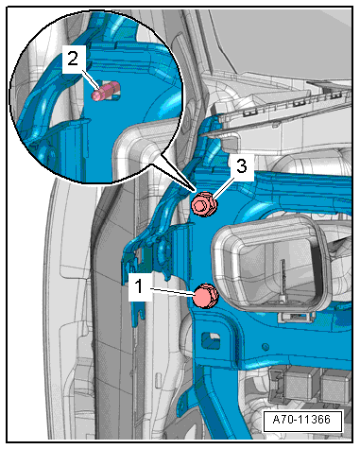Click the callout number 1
pyautogui.click(x=139, y=287)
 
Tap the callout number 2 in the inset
pyautogui.click(x=73, y=59)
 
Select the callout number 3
pyautogui.click(x=242, y=166)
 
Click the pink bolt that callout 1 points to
pyautogui.click(x=205, y=296)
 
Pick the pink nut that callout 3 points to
pyautogui.click(x=205, y=204)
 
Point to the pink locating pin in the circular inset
pyautogui.click(x=106, y=91)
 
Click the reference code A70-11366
pyautogui.click(x=301, y=420)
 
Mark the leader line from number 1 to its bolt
pyautogui.click(x=173, y=291)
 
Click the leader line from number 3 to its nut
pyautogui.click(x=224, y=188)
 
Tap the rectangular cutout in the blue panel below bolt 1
pyautogui.click(x=210, y=340)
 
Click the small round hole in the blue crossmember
pyautogui.click(x=266, y=347)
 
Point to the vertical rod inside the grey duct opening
pyautogui.click(x=283, y=278)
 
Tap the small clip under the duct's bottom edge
pyautogui.click(x=296, y=317)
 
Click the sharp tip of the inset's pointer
pyautogui.click(x=193, y=190)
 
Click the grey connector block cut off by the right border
pyautogui.click(x=336, y=386)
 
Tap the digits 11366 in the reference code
pyautogui.click(x=315, y=420)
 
